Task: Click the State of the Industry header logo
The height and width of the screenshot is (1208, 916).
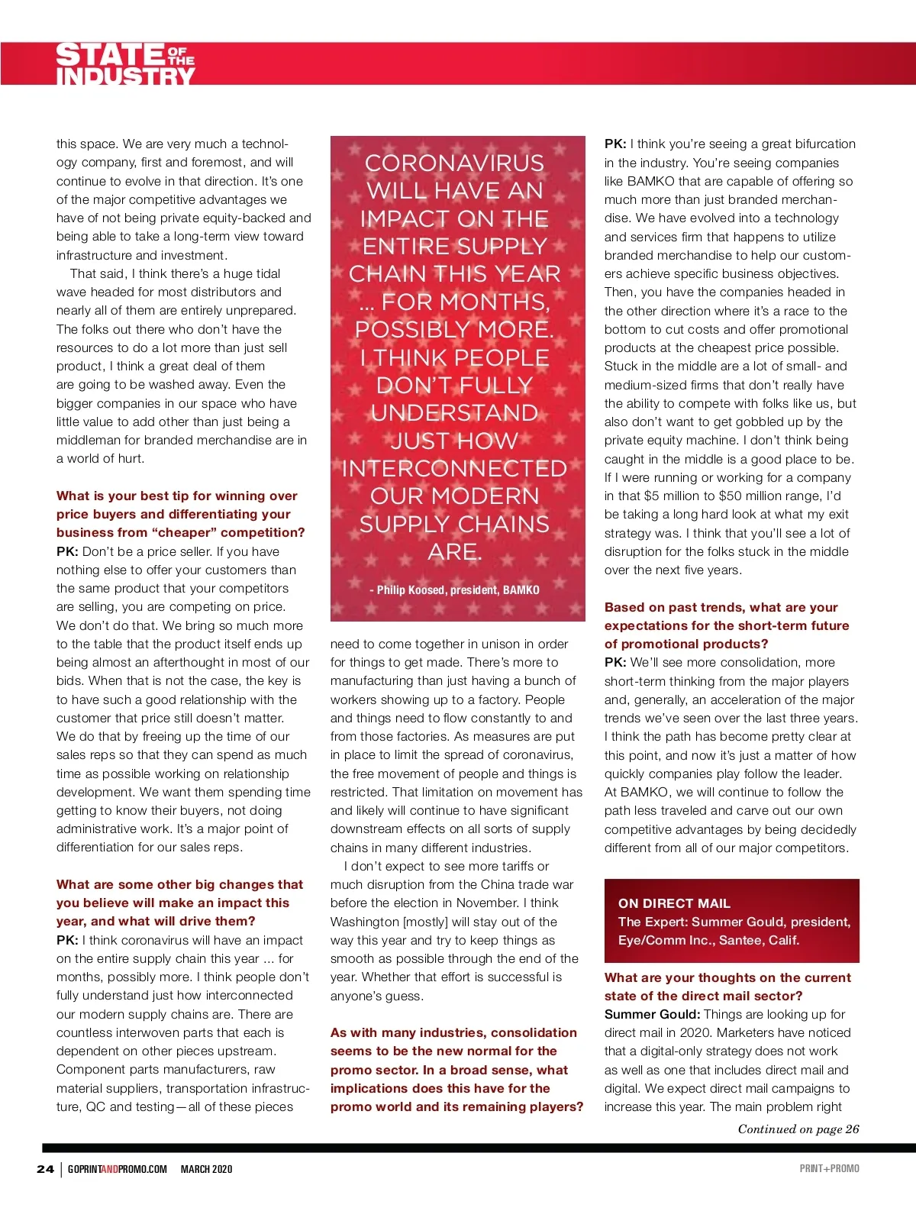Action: [125, 64]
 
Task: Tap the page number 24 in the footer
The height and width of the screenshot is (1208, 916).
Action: [45, 1169]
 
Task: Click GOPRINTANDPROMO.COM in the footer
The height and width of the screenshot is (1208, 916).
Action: [117, 1169]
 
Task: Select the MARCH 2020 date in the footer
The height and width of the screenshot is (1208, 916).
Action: [206, 1169]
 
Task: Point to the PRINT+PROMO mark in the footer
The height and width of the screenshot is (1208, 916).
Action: [829, 1168]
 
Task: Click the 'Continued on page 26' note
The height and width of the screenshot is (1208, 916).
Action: [798, 1129]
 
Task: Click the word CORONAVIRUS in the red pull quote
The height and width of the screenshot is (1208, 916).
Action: [454, 163]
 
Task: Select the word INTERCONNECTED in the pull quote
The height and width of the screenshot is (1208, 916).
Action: [454, 468]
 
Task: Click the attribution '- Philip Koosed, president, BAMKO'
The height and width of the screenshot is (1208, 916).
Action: [454, 589]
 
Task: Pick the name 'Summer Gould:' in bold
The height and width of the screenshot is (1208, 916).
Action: [652, 1015]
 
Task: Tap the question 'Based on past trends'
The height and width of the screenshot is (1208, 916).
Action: [726, 625]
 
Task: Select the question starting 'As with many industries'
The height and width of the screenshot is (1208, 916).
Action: [456, 1070]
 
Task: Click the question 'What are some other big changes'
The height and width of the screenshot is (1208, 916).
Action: [179, 903]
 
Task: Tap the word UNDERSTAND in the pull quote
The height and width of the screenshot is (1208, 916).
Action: [454, 413]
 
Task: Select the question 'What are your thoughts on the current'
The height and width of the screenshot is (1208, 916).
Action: [727, 987]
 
